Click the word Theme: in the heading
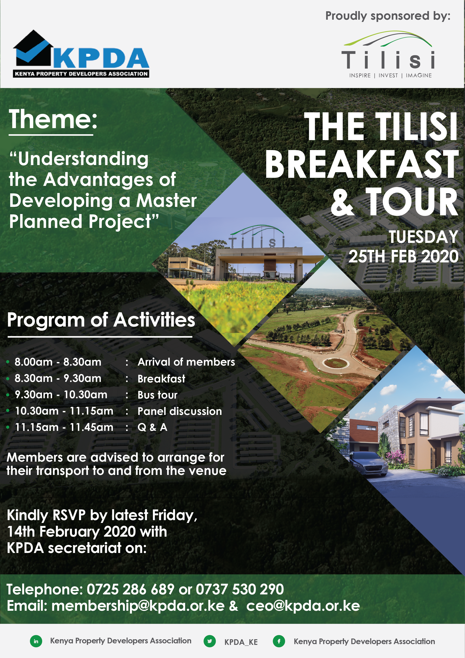coord(53,119)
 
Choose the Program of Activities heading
coord(101,320)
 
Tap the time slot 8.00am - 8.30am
coord(58,362)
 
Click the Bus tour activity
coord(157,395)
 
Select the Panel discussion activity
coord(180,411)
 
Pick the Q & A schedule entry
coord(152,427)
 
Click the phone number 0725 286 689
coord(131,589)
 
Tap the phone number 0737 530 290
coord(240,589)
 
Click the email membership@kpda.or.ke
coord(138,606)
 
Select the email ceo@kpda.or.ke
coord(303,606)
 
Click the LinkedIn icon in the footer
coord(36,641)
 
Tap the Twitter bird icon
coord(210,641)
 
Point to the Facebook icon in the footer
coord(279,641)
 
